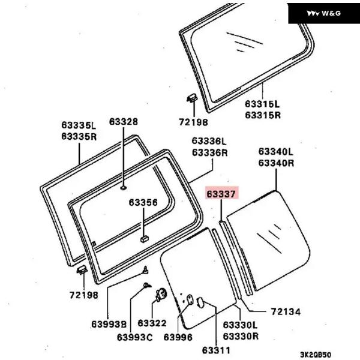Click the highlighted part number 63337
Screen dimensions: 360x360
pos(222,194)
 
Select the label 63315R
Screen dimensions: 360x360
pos(262,115)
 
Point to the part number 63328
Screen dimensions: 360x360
pos(123,122)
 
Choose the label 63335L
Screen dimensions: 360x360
pos(78,125)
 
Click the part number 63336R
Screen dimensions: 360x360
pos(209,152)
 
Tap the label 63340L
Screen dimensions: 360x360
pos(276,152)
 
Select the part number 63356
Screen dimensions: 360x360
pos(143,203)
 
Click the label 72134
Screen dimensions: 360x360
pos(285,312)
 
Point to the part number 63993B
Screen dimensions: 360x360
pos(109,325)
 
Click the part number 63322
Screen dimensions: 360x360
pos(152,325)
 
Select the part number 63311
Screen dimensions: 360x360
pos(216,349)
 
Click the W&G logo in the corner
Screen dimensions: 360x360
pos(323,13)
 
